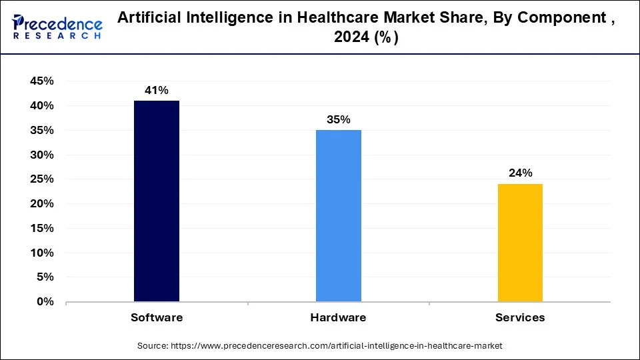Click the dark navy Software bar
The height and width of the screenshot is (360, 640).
click(157, 201)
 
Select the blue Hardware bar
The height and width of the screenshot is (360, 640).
click(339, 215)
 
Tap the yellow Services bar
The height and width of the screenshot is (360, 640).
click(520, 243)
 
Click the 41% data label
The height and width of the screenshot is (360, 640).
click(157, 90)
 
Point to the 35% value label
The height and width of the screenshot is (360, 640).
click(339, 120)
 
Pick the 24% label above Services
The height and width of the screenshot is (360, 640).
click(520, 173)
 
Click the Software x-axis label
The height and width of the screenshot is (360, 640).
click(157, 318)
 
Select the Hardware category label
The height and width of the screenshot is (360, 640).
click(339, 318)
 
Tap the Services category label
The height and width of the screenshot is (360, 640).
click(520, 318)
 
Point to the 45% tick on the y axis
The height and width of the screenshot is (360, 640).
click(41, 81)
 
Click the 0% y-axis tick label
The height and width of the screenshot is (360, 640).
click(45, 302)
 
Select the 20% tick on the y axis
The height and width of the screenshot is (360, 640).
click(41, 204)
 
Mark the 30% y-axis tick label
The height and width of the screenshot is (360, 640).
click(41, 155)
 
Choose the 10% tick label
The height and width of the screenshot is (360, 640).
click(41, 253)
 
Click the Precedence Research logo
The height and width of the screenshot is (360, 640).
click(57, 26)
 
